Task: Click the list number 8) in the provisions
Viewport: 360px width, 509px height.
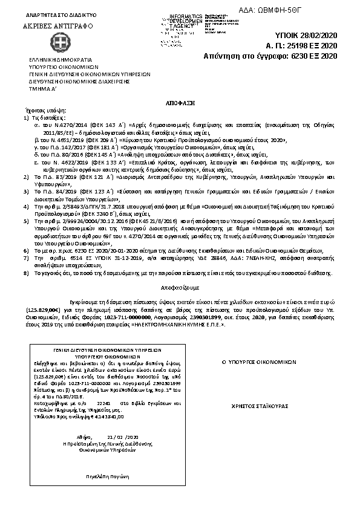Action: coord(26,273)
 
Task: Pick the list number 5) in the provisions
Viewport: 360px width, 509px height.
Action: coord(26,222)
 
